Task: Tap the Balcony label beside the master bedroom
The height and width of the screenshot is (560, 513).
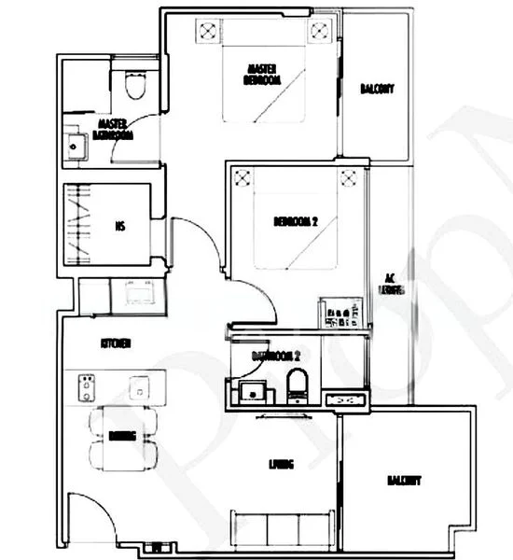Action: [377, 90]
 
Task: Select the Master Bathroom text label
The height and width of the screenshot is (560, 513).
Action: [113, 130]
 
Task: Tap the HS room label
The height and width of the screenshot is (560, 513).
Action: [120, 224]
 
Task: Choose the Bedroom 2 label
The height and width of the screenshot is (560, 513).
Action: [296, 222]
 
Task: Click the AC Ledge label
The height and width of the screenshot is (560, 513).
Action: [393, 284]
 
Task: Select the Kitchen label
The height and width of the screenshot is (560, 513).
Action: [116, 343]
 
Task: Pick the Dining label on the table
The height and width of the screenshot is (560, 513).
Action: [122, 436]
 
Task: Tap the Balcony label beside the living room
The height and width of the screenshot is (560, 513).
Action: [405, 482]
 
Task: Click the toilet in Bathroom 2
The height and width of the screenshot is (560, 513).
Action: [298, 386]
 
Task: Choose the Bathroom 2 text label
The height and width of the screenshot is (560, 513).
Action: [275, 356]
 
